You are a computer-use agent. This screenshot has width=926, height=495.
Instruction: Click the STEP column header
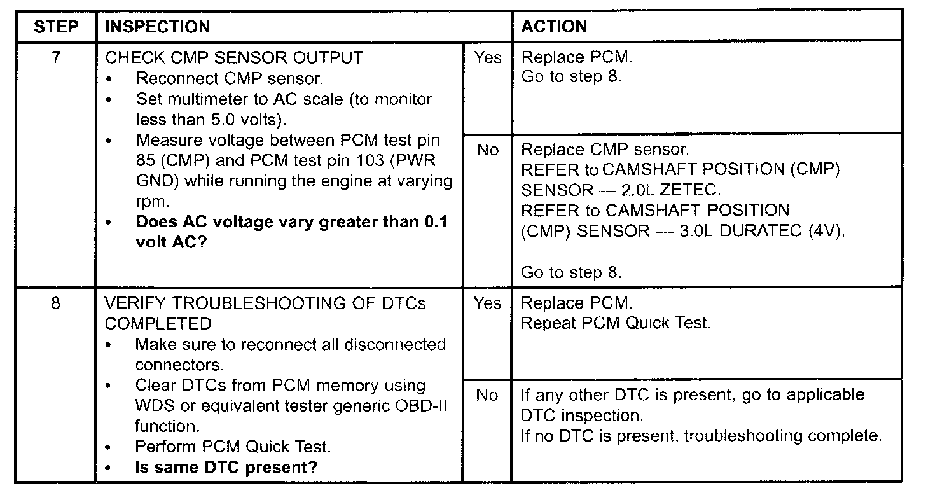(56, 27)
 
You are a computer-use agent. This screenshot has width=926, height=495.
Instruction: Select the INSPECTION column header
(156, 27)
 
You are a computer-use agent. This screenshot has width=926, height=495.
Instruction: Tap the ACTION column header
(554, 27)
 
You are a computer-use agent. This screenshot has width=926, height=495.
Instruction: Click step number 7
(56, 58)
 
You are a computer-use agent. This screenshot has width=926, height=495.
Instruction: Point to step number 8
(56, 303)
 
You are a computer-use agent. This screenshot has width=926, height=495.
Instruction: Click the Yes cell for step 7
(488, 58)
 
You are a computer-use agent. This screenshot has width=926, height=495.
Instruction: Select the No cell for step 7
(488, 150)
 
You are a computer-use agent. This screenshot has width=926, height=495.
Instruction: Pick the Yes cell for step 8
(488, 303)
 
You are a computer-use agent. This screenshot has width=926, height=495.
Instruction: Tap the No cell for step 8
(488, 395)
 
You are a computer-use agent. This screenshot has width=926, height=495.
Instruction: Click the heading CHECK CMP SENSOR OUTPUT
(233, 58)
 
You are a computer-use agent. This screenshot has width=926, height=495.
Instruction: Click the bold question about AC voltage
(291, 232)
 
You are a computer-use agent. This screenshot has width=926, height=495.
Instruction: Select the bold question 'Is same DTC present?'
(226, 468)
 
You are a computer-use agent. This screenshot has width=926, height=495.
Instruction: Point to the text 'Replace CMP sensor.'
(604, 150)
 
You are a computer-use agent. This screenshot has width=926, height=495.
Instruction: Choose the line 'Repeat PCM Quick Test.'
(614, 323)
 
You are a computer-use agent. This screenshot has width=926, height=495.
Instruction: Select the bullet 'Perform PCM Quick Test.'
(233, 447)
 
